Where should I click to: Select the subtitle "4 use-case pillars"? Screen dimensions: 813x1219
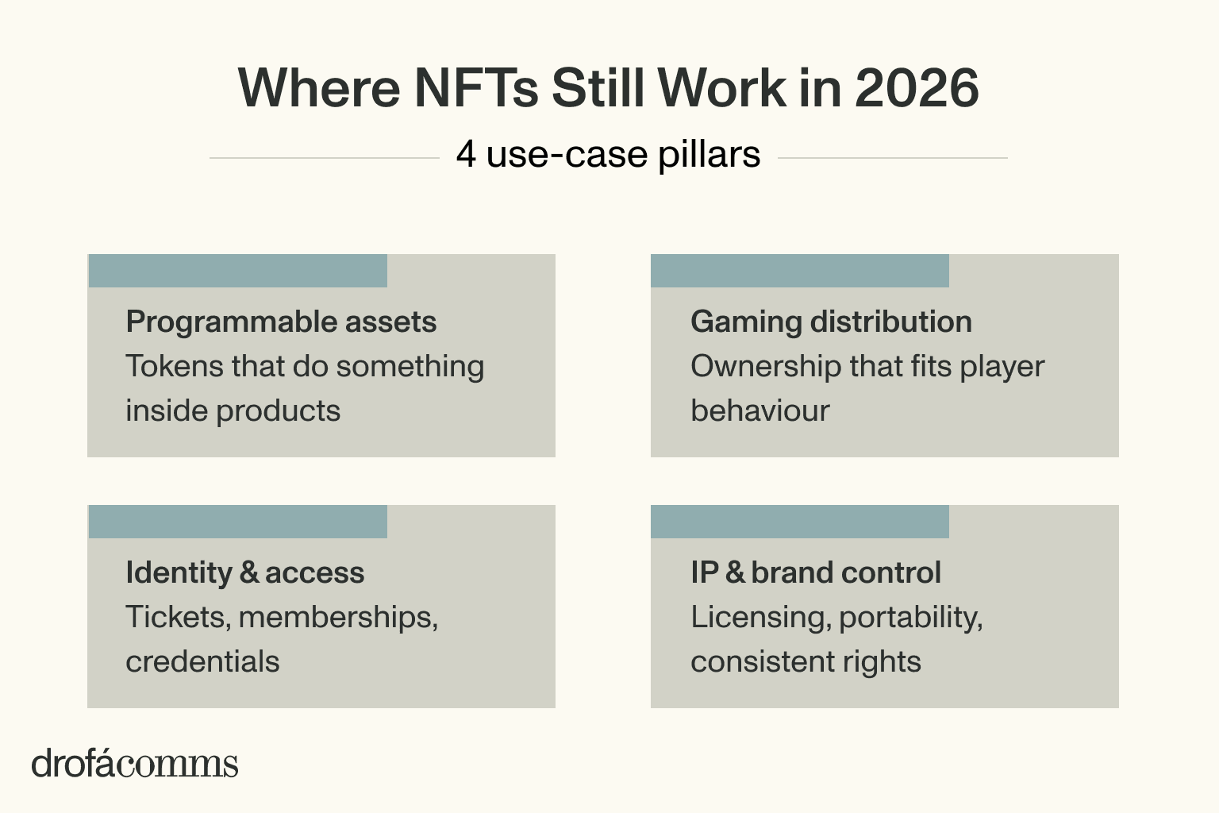pyautogui.click(x=608, y=154)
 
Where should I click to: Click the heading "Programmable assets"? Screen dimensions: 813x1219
pyautogui.click(x=281, y=322)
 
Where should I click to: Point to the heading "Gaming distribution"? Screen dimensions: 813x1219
pyautogui.click(x=831, y=322)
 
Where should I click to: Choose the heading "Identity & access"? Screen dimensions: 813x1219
pyautogui.click(x=244, y=572)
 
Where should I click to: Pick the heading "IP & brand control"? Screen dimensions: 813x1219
pyautogui.click(x=815, y=572)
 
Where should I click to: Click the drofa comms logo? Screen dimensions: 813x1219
pyautogui.click(x=135, y=763)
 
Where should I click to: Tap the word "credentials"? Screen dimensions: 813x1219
pyautogui.click(x=202, y=661)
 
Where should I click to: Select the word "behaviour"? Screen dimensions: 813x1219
pyautogui.click(x=759, y=410)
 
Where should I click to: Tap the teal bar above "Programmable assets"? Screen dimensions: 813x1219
pyautogui.click(x=237, y=271)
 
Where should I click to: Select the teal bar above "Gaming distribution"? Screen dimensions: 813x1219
pyautogui.click(x=799, y=271)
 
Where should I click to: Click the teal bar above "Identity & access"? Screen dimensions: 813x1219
pyautogui.click(x=237, y=522)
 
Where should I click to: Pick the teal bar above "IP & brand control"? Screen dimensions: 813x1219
pyautogui.click(x=799, y=522)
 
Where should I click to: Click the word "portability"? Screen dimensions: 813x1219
pyautogui.click(x=910, y=617)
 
